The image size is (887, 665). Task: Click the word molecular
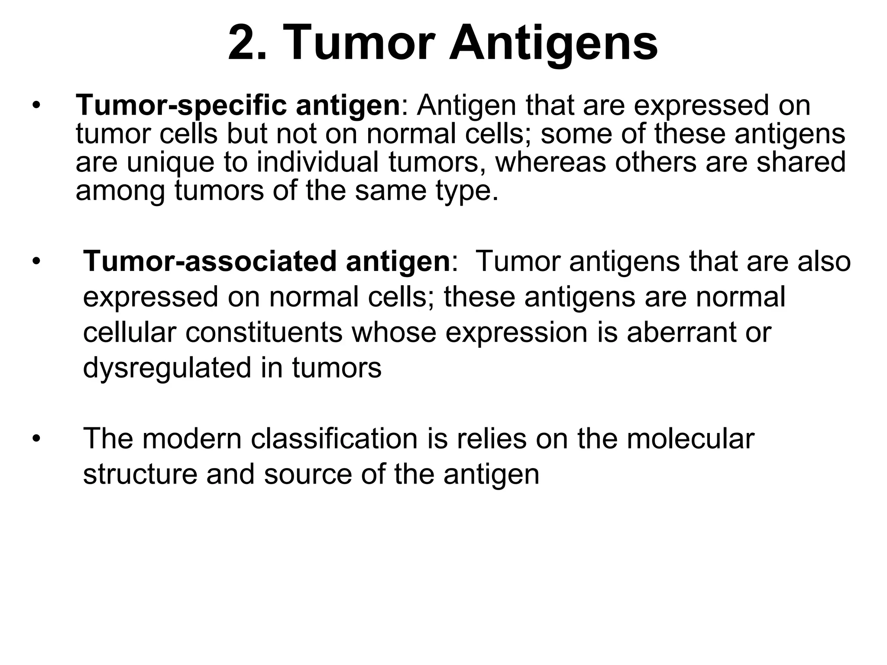tap(690, 439)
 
